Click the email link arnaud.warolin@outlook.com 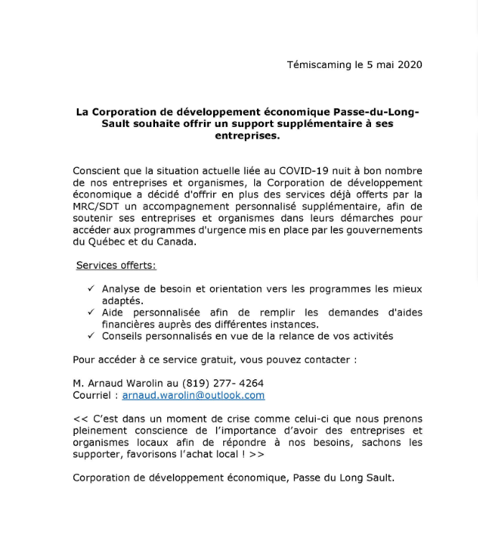coord(193,395)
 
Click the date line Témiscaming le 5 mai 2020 coord(355,65)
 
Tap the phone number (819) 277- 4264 coord(222,383)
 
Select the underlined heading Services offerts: coord(116,265)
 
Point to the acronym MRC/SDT coord(95,207)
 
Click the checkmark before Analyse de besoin coord(91,288)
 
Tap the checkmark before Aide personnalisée coord(91,312)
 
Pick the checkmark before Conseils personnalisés coord(91,336)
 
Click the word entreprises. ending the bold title coord(247,136)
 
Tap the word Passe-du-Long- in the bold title coord(376,112)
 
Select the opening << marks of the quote coord(80,419)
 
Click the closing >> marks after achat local coord(256,454)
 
